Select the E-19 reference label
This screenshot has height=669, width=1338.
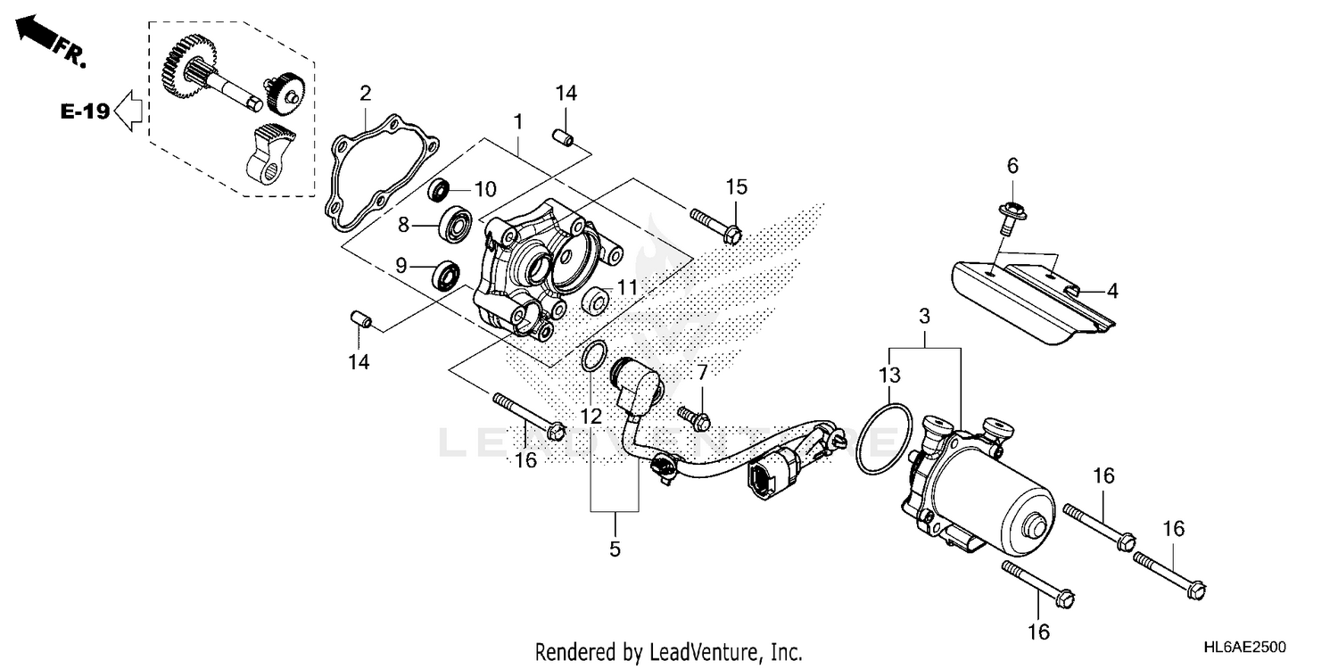[85, 111]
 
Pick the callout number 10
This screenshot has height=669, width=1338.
[484, 189]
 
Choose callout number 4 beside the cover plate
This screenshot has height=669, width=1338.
[1112, 290]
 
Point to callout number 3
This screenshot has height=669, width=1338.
[924, 316]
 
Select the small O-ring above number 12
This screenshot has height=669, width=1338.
[594, 358]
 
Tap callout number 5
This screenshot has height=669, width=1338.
[615, 549]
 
